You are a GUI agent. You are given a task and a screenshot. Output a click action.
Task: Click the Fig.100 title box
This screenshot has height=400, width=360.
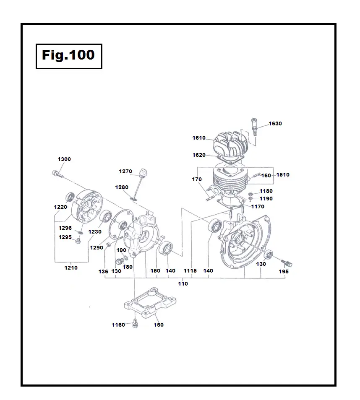point(69,55)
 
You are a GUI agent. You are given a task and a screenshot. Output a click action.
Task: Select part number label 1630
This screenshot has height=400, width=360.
point(275,124)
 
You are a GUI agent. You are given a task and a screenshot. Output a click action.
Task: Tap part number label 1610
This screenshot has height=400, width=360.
point(199,138)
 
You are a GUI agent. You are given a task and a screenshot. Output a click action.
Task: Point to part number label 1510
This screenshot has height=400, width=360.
point(283,175)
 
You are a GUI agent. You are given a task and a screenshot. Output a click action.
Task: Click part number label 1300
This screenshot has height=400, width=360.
point(64,159)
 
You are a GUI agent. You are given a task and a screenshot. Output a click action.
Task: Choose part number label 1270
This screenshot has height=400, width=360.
point(125,171)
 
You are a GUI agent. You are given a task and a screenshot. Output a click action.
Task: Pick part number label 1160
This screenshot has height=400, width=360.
point(118,325)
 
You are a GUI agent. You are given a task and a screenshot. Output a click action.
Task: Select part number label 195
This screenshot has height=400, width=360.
point(284,272)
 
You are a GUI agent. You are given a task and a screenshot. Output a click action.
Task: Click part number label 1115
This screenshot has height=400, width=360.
point(190,271)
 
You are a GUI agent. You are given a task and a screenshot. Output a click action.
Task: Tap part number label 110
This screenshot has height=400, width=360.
point(183,284)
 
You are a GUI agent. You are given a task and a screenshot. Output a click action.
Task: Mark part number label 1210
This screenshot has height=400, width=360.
point(71,268)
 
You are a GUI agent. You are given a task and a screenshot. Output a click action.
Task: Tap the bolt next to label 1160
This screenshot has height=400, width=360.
point(135,324)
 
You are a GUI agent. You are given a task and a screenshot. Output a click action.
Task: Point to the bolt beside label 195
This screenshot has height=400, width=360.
point(287,263)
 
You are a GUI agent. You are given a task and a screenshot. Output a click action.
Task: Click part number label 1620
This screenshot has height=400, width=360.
point(199,155)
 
